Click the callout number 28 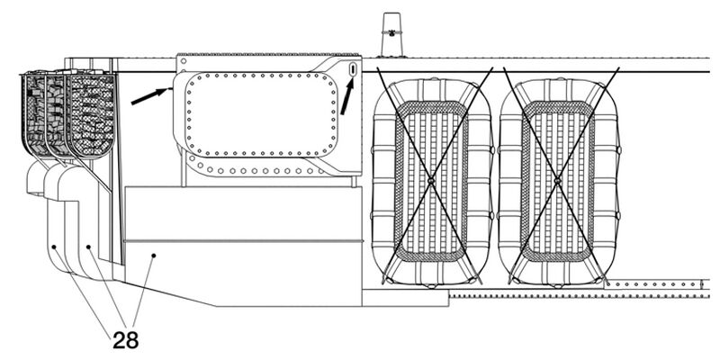(x=125, y=340)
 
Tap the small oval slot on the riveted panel (x=353, y=69)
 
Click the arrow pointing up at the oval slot (x=347, y=95)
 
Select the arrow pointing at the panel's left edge (x=150, y=96)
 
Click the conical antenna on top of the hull (x=392, y=35)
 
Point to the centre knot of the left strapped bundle (x=431, y=182)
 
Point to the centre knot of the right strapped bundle (x=557, y=182)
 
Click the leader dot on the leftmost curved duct (x=54, y=247)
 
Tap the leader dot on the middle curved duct (x=88, y=247)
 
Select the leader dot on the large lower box (x=154, y=256)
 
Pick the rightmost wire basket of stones (x=92, y=115)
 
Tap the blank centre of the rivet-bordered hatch (x=261, y=114)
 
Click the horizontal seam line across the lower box (x=243, y=240)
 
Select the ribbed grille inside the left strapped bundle (x=431, y=182)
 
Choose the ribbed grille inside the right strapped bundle (x=557, y=182)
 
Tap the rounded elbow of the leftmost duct (x=36, y=177)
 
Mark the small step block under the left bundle (x=406, y=298)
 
